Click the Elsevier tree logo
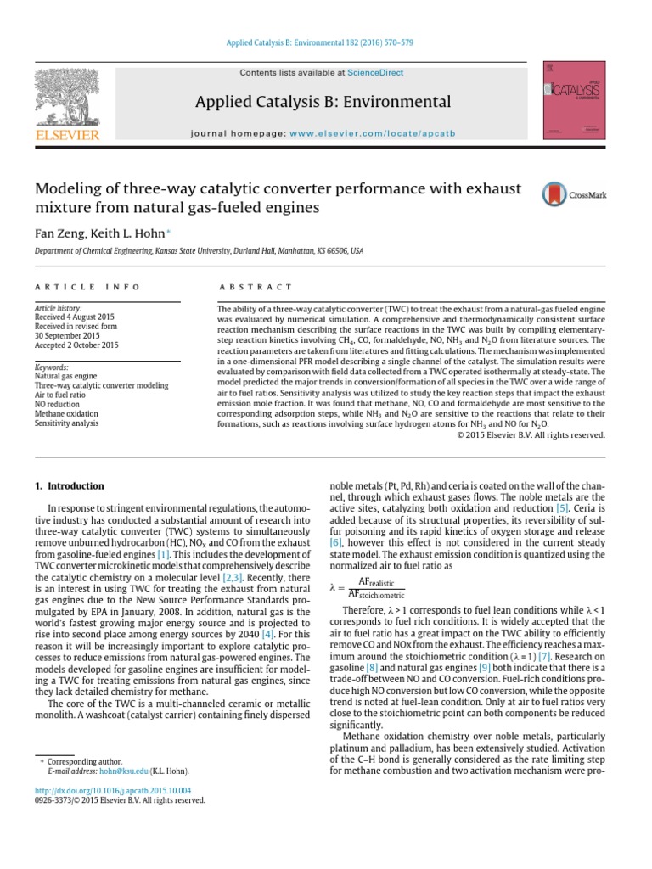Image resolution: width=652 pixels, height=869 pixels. [66, 99]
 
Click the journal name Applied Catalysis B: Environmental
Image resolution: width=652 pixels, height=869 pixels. [323, 102]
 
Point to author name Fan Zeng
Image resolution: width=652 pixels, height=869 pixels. [58, 232]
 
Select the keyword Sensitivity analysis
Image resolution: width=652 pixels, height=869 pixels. [66, 423]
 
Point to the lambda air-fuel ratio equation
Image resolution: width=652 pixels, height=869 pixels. [366, 587]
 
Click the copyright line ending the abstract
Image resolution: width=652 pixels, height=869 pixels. [531, 435]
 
